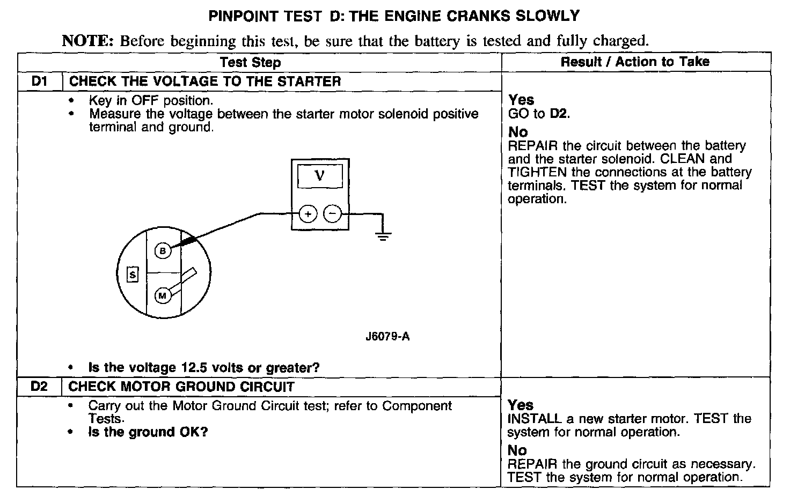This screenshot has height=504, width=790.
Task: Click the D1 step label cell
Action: [40, 81]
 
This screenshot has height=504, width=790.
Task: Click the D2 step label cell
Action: [40, 387]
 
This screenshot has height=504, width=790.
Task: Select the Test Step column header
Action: [250, 62]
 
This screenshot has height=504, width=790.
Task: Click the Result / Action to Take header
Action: [635, 62]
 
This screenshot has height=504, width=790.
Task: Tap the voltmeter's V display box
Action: [320, 176]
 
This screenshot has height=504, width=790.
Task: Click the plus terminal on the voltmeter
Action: [308, 214]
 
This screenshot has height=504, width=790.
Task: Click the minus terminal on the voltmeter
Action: [333, 214]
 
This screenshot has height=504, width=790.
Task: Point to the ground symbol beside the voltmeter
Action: [383, 234]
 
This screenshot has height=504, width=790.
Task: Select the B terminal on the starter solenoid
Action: [163, 250]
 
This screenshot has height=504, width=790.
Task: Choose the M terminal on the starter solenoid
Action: [163, 295]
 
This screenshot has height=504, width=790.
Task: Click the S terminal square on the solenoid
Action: [133, 275]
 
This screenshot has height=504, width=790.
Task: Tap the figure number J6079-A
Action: [387, 337]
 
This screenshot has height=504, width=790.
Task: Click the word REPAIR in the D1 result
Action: [531, 146]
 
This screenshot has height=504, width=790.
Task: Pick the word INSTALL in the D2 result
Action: [533, 419]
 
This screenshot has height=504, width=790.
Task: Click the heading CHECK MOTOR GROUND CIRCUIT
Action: [181, 387]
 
